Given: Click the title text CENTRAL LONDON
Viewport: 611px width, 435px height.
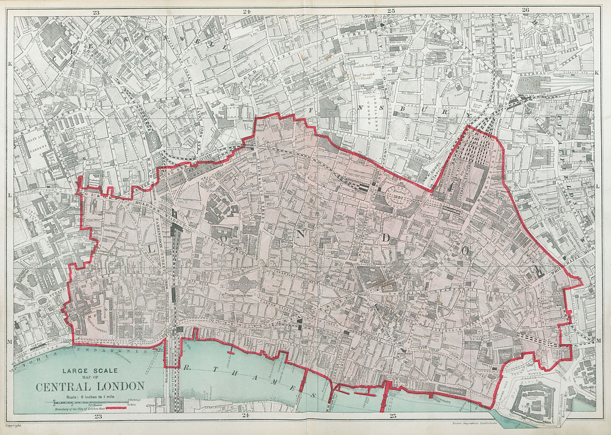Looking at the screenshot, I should (90, 386).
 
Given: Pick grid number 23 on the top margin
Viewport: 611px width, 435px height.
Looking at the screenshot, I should (96, 11).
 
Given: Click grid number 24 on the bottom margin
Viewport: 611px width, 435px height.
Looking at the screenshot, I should (246, 417).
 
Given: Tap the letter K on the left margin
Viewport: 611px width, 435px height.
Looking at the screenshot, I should (10, 63).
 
